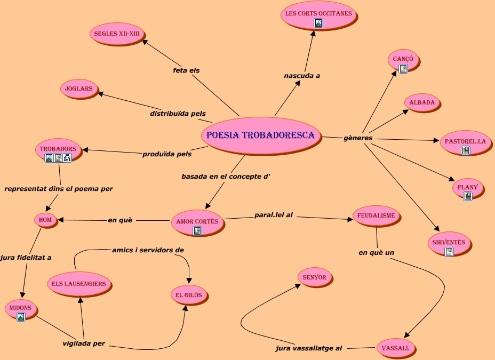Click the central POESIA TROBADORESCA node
coord(261,135)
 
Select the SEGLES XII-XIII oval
coord(117,34)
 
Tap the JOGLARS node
coord(79,89)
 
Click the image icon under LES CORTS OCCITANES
coord(318,23)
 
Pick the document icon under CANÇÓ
coord(403,69)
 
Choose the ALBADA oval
coord(422,102)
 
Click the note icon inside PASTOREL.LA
coord(466,150)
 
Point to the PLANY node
coord(468,187)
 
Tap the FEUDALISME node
coord(377,216)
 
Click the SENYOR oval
coord(315,277)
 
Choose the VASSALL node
coord(395,348)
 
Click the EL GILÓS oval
coord(188,295)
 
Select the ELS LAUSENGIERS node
coord(79,284)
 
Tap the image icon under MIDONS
coord(21,317)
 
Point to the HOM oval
coord(45,219)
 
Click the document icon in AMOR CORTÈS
coord(197,231)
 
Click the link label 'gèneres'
coord(358,138)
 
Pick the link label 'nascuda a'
coord(302,76)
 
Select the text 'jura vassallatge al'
coord(309,348)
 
